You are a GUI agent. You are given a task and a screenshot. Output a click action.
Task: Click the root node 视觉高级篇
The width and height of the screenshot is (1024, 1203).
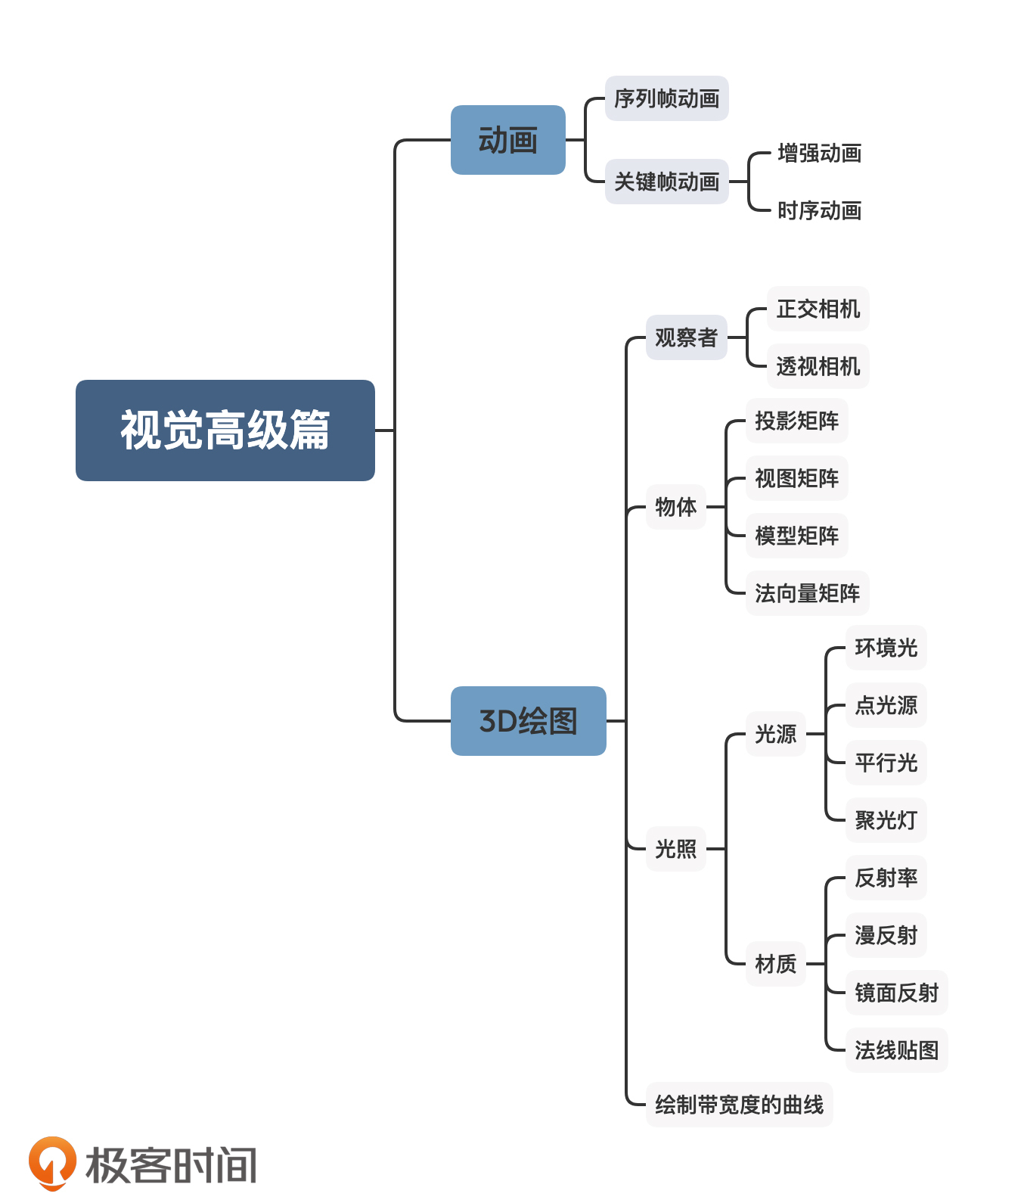click(225, 430)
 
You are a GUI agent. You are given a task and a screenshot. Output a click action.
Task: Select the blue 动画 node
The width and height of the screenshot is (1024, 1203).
click(507, 140)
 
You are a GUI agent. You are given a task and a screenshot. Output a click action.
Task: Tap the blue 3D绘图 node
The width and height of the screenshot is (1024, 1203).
click(528, 721)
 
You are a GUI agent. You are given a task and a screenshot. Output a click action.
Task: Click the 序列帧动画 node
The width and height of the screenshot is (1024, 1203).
click(666, 98)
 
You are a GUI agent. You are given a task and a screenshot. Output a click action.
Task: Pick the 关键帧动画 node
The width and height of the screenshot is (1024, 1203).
click(666, 182)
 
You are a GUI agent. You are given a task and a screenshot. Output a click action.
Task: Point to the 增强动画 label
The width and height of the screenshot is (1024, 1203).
click(819, 154)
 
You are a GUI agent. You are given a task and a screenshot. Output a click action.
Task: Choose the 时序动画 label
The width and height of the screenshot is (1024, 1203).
click(819, 211)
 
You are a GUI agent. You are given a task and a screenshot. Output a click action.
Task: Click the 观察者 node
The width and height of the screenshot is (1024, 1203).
click(686, 337)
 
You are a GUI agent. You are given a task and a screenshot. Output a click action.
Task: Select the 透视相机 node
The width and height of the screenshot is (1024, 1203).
click(818, 366)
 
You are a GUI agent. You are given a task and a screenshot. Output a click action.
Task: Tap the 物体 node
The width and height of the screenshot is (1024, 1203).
click(675, 507)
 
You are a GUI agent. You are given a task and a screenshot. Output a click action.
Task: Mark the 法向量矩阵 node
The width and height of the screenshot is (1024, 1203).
click(807, 593)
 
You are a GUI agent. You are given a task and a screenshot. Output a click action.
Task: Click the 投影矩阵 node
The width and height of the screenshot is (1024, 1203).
click(796, 421)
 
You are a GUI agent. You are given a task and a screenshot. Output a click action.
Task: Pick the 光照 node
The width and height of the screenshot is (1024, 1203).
click(675, 849)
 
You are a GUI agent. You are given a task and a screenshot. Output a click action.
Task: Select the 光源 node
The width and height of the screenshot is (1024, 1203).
click(775, 734)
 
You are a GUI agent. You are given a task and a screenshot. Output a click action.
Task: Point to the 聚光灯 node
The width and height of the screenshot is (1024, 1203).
click(886, 820)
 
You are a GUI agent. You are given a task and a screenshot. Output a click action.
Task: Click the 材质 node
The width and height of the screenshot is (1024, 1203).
click(775, 964)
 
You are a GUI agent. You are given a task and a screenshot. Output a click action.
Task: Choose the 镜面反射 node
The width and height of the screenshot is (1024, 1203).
click(896, 993)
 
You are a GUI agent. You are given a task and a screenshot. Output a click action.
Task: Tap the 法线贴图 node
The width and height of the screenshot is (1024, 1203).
click(896, 1050)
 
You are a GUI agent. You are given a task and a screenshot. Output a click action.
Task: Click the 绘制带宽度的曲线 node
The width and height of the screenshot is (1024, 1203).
click(739, 1105)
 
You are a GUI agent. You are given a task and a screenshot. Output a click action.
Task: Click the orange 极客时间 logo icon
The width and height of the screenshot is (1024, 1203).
click(52, 1163)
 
